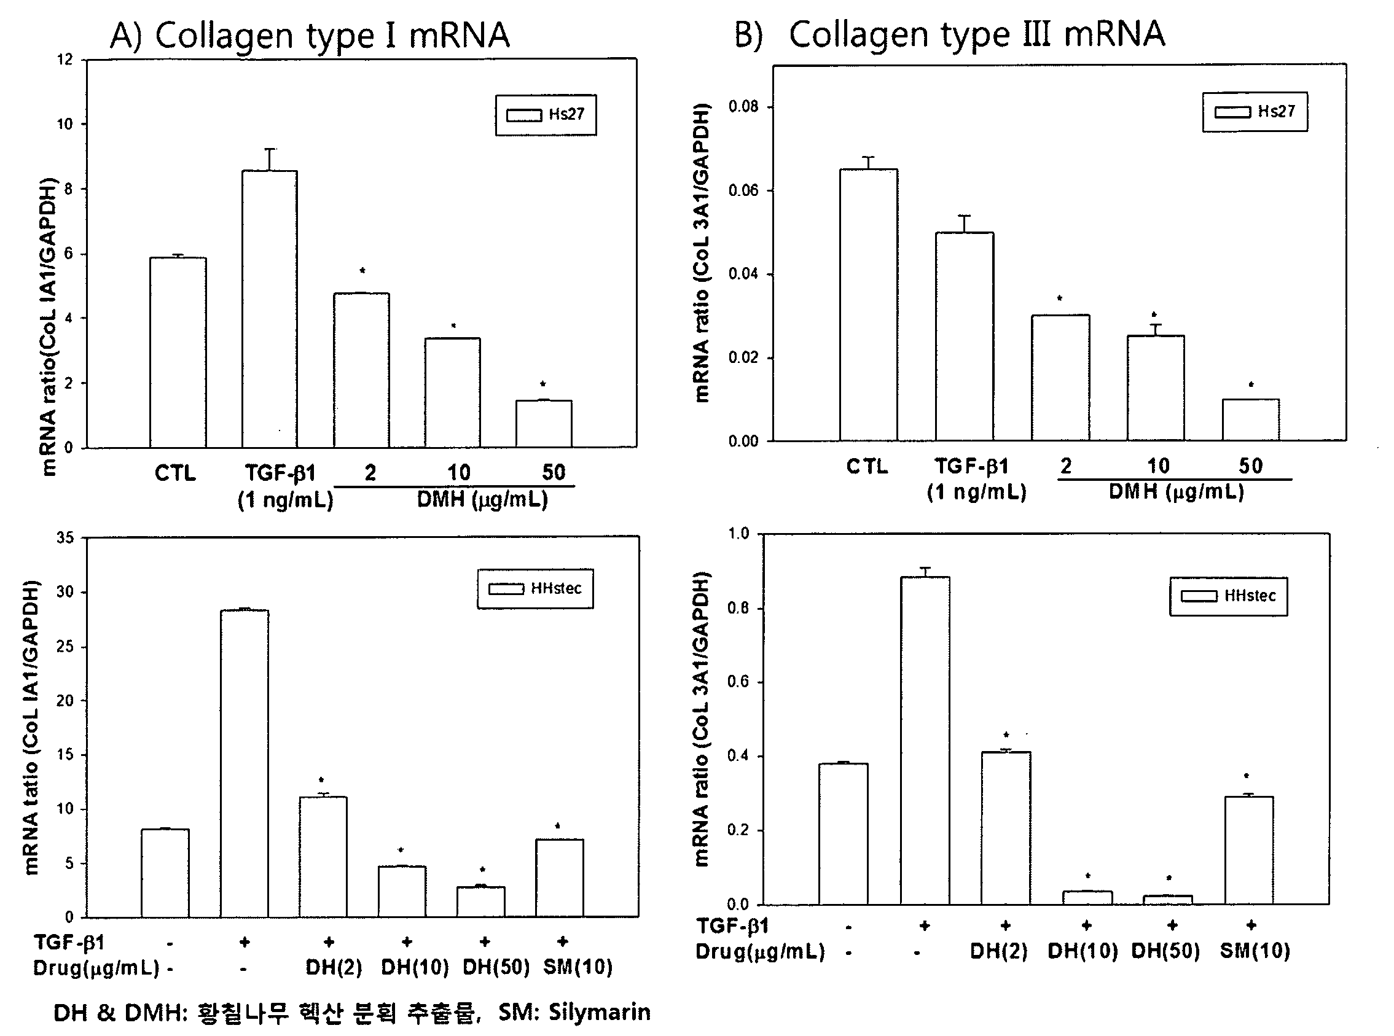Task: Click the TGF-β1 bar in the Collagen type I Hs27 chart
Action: point(270,308)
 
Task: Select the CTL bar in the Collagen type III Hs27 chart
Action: point(868,305)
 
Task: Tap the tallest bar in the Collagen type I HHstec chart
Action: point(245,763)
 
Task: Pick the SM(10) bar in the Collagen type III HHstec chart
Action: point(1249,851)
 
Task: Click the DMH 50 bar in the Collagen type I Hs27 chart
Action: point(544,424)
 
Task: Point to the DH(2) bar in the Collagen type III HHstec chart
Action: point(1006,828)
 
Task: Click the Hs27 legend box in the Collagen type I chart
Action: point(546,115)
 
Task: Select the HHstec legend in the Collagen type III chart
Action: point(1228,596)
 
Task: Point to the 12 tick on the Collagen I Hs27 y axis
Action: point(65,60)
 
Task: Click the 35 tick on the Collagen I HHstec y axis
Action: point(65,538)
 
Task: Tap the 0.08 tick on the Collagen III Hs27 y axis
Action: point(743,107)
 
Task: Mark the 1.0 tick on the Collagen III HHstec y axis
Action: point(738,534)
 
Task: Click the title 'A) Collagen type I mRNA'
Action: point(310,36)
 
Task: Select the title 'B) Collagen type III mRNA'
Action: point(950,34)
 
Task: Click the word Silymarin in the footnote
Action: point(599,1012)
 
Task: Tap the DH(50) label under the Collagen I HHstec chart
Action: point(496,967)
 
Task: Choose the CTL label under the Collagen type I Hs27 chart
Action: point(175,473)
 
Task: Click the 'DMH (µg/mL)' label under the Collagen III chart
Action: point(1177,492)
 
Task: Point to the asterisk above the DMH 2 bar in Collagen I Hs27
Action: point(362,271)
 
